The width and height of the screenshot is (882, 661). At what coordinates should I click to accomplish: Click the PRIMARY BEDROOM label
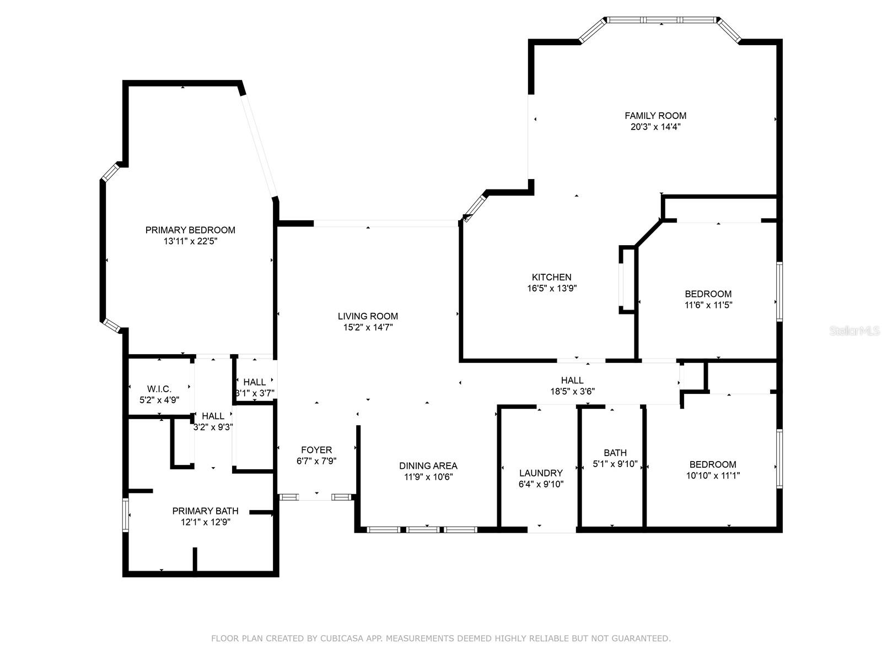[190, 230]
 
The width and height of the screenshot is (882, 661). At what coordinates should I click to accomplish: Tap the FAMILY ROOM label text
[655, 116]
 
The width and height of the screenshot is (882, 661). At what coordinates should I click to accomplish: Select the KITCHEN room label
[551, 277]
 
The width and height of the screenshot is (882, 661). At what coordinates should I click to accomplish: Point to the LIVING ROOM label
[368, 316]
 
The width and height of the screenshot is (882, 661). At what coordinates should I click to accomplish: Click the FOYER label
[316, 450]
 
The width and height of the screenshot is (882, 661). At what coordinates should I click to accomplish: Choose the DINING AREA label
[428, 465]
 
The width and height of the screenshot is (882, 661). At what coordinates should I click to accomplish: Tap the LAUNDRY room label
[540, 473]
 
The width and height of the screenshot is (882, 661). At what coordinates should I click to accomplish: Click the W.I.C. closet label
[159, 388]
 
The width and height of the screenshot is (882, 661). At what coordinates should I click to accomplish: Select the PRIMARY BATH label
[205, 511]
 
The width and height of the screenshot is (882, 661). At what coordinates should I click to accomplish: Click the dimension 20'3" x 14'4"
[655, 127]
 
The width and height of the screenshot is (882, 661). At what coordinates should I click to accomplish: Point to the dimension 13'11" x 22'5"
[190, 241]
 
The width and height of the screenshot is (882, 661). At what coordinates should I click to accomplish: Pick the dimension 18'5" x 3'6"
[572, 391]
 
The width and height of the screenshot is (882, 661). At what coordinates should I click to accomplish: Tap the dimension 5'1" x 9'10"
[615, 464]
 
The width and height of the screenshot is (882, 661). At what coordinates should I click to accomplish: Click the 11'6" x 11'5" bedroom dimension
[708, 305]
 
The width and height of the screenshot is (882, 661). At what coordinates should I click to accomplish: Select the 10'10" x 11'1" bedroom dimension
[712, 475]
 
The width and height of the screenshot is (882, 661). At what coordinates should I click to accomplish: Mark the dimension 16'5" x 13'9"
[551, 288]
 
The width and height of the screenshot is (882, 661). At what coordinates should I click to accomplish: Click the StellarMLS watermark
[854, 330]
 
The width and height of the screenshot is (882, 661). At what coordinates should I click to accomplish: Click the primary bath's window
[125, 515]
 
